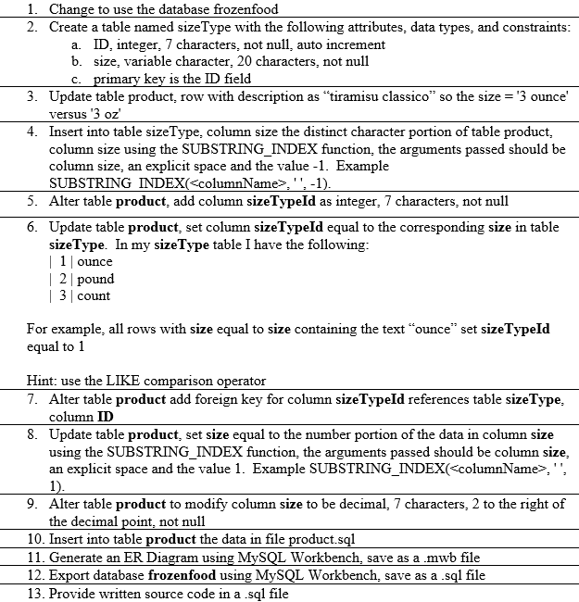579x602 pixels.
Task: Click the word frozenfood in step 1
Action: (x=245, y=9)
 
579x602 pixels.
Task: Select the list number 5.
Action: (x=31, y=201)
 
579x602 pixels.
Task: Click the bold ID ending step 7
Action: (x=106, y=416)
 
